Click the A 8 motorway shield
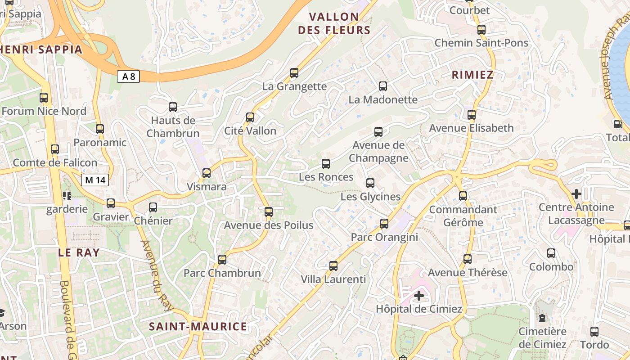coord(128,76)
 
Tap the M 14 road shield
coord(95,180)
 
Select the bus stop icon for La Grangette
coord(294,73)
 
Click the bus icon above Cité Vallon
coord(250,117)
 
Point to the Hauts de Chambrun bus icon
coord(173,107)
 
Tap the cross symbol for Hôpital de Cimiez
coord(419,296)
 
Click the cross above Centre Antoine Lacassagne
coord(576,194)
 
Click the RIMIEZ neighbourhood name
coord(472,75)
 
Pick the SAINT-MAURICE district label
coord(198,327)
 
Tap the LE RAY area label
coord(79,252)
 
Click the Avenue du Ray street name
coord(157,275)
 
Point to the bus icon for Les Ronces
coord(326,164)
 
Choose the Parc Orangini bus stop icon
coord(384,224)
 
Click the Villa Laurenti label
coord(333,279)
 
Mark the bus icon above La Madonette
coord(383,86)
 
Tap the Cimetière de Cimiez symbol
coord(542,318)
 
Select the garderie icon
coord(67,196)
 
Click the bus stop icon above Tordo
coord(594,332)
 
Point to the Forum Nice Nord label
coord(44,111)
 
